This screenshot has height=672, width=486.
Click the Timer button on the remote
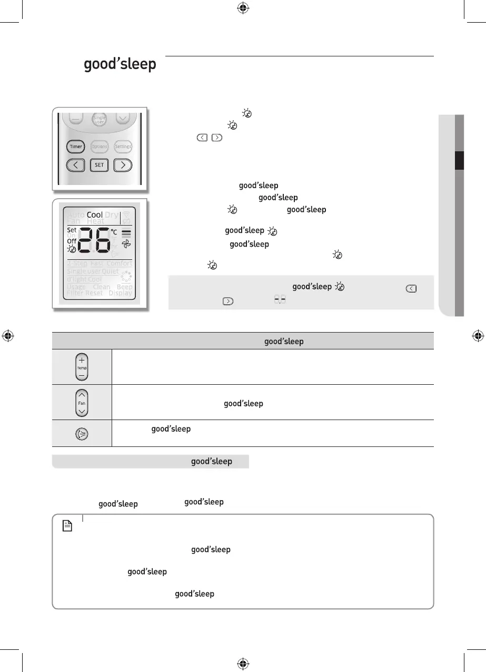click(x=76, y=147)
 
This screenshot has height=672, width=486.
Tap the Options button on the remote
click(x=100, y=147)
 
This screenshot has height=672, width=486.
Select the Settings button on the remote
click(x=123, y=147)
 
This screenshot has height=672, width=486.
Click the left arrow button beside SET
click(x=76, y=165)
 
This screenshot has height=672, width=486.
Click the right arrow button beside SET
click(x=123, y=165)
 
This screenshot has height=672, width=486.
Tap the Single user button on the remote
click(x=100, y=120)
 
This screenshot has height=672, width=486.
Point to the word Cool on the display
click(x=95, y=215)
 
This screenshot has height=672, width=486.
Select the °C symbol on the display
click(x=114, y=232)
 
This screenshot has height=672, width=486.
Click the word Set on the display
click(x=72, y=230)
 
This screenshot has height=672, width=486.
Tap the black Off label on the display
click(x=72, y=241)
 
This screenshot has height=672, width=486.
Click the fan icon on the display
click(x=126, y=245)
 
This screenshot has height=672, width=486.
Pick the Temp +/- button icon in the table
click(x=82, y=367)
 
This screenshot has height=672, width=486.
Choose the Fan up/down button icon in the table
click(x=82, y=403)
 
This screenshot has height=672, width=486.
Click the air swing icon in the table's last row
click(x=82, y=433)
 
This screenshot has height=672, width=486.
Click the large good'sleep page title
click(x=120, y=65)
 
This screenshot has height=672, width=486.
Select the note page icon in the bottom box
click(x=67, y=525)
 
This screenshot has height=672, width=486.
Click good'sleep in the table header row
click(x=284, y=342)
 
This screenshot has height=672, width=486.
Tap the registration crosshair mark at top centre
click(x=243, y=7)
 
